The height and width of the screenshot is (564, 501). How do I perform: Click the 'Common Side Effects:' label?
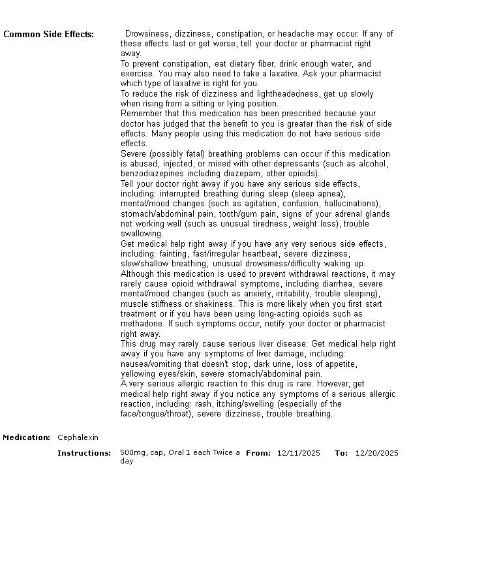(48, 35)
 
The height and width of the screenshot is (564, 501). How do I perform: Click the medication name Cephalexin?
(78, 437)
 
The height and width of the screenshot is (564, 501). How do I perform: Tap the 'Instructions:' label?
(84, 453)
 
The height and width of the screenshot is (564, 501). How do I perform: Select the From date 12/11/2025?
(298, 453)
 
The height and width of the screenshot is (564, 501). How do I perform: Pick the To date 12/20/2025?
(376, 453)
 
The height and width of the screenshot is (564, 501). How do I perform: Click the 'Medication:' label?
(27, 437)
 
